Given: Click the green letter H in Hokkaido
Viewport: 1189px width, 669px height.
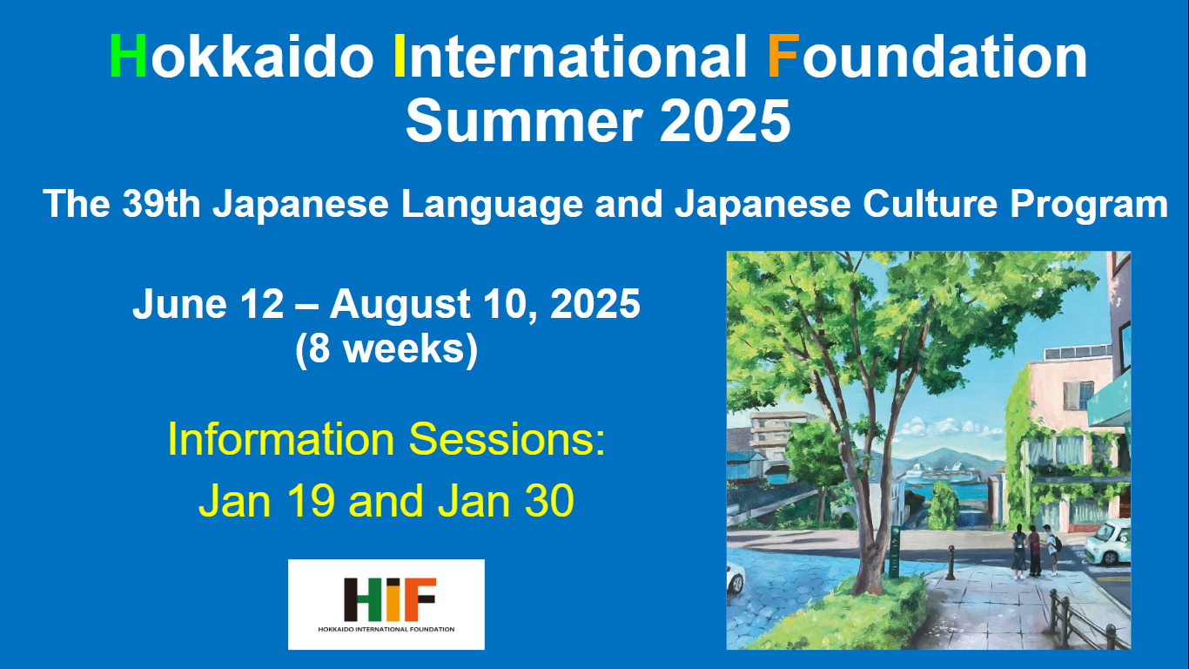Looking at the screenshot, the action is pos(128,56).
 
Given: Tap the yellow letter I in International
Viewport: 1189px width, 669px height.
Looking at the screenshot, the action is pos(400,56).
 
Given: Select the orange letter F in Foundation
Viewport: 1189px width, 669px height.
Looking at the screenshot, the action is pos(783,56).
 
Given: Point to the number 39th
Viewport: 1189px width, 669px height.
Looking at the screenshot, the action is pos(161,204).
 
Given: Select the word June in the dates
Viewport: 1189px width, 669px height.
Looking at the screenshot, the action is pos(179,304).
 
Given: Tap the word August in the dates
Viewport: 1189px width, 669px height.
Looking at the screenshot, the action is pos(400,305).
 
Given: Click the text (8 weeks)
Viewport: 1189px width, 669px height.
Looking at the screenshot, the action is pos(386,349).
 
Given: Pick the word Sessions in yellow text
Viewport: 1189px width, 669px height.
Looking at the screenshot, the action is pos(507,439).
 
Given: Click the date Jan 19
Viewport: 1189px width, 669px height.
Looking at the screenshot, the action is pos(266,501).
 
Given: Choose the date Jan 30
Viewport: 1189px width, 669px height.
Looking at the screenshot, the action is pos(506,501).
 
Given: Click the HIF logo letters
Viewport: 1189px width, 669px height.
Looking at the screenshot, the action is pos(390,599).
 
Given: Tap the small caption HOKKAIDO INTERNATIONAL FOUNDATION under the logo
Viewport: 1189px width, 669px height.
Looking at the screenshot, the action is pos(386,630).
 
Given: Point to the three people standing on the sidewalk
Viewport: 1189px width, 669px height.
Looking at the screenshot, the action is pos(1036,551).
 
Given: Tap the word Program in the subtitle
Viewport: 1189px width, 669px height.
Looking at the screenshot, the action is pos(1088,205).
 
